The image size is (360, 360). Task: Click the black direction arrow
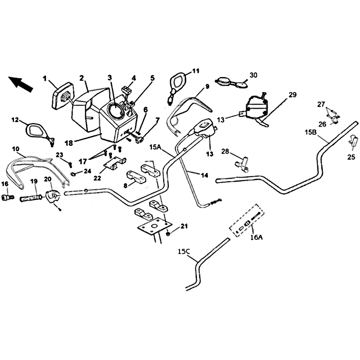20,84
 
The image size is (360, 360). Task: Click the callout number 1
45,79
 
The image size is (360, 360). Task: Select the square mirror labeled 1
62,96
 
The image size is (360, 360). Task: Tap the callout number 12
15,120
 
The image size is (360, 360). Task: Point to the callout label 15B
311,132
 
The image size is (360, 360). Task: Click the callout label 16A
256,237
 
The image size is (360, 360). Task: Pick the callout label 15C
184,252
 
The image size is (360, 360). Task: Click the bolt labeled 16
8,197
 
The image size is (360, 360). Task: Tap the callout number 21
184,226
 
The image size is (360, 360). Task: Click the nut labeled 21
168,234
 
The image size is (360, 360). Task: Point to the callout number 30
253,75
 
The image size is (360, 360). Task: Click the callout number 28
225,152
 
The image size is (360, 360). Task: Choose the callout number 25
351,157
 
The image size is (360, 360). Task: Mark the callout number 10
15,149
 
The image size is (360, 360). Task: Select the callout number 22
97,178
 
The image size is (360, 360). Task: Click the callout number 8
126,185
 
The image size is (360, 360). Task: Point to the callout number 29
292,94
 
